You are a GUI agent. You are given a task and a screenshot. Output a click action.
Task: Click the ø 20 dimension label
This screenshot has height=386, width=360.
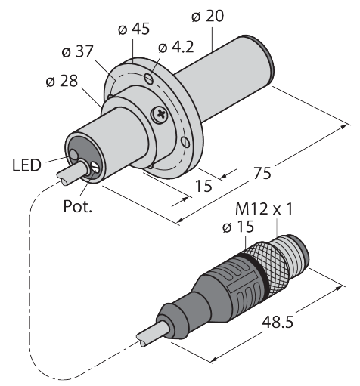tap(207, 16)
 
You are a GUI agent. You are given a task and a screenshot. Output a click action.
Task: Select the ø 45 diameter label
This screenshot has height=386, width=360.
tap(134, 29)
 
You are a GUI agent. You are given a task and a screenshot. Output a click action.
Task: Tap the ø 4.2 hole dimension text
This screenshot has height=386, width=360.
tap(176, 47)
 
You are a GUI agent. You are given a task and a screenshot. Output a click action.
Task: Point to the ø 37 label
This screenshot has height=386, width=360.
tap(77, 51)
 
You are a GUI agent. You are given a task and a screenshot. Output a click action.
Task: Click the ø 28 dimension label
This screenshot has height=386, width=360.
tap(62, 81)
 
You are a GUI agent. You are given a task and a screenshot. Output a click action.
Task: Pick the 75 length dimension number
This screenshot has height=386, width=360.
tap(262, 173)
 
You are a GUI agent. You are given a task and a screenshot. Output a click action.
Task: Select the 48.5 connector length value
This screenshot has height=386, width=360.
tap(278, 322)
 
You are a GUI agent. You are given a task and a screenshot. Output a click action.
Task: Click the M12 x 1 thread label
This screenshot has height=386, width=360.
tap(264, 208)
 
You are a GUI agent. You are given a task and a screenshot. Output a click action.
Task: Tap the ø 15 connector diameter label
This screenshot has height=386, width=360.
tap(238, 227)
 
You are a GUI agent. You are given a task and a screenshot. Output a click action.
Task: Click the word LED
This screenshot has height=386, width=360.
tap(26, 165)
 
